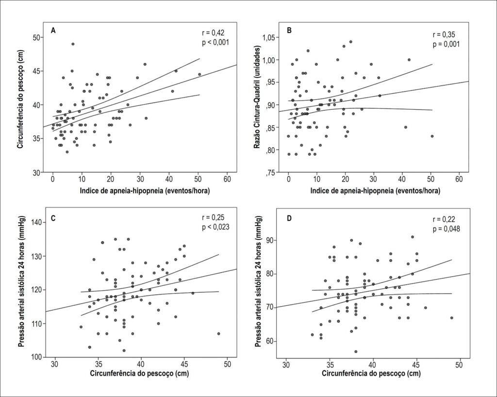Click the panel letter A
[53, 31]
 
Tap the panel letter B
[289, 31]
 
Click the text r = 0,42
[214, 33]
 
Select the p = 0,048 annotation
[447, 229]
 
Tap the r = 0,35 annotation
[444, 35]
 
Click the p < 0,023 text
[215, 227]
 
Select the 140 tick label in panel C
[37, 222]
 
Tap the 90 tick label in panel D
[269, 241]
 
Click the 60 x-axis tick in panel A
[227, 180]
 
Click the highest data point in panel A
[73, 44]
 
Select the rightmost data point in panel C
[219, 333]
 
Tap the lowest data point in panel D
[356, 351]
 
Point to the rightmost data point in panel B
[432, 136]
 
